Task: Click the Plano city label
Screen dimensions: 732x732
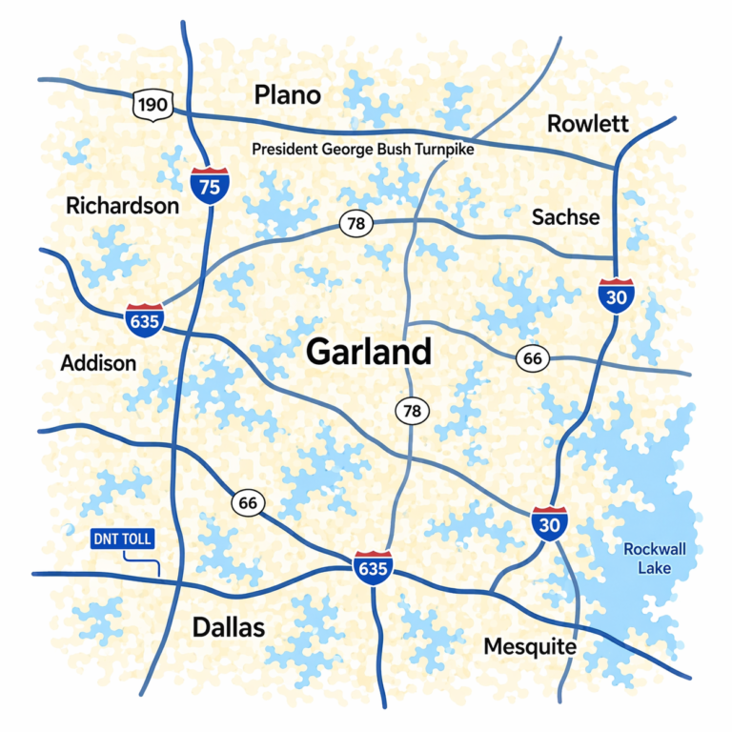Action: (x=287, y=95)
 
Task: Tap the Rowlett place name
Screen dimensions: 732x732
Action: (x=587, y=124)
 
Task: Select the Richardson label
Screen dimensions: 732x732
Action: (x=122, y=206)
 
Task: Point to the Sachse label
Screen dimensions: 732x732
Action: (x=565, y=217)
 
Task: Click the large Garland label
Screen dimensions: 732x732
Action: (x=369, y=352)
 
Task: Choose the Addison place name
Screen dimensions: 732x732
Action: (x=98, y=363)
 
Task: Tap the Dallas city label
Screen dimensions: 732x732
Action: (x=229, y=627)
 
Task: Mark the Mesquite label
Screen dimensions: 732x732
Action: (x=530, y=647)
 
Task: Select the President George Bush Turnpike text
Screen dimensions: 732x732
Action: (x=362, y=150)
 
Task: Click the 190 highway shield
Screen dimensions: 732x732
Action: (x=152, y=105)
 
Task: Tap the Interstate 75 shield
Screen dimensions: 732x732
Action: (x=210, y=184)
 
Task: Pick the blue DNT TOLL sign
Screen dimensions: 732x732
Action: (x=121, y=539)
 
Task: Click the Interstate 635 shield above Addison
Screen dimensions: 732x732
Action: (x=145, y=319)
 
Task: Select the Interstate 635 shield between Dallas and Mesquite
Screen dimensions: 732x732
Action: (x=372, y=568)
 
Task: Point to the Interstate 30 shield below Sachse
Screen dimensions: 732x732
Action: (x=617, y=295)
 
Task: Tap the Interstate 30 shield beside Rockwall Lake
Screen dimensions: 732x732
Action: (x=550, y=524)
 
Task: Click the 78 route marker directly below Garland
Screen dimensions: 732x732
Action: (x=412, y=411)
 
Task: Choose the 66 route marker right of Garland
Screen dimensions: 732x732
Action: (x=533, y=358)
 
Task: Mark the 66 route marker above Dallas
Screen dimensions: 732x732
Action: (x=248, y=503)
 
